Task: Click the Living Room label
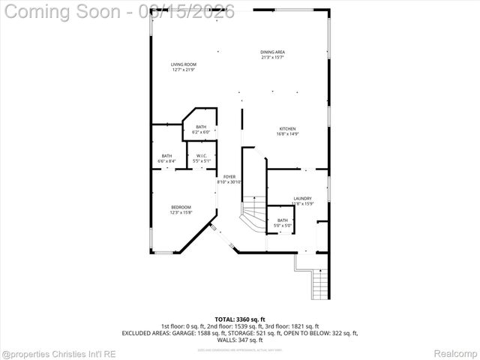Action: click(183, 65)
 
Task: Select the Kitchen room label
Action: click(287, 129)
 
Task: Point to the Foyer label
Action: click(229, 177)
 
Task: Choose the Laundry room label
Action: click(302, 199)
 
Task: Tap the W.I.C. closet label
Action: click(201, 156)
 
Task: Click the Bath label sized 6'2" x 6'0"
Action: click(201, 127)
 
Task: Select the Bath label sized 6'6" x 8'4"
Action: click(166, 156)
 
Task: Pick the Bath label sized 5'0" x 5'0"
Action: click(282, 220)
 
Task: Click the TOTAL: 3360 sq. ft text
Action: click(240, 319)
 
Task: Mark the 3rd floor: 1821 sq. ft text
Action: click(292, 326)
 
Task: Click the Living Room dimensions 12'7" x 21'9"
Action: click(183, 70)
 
